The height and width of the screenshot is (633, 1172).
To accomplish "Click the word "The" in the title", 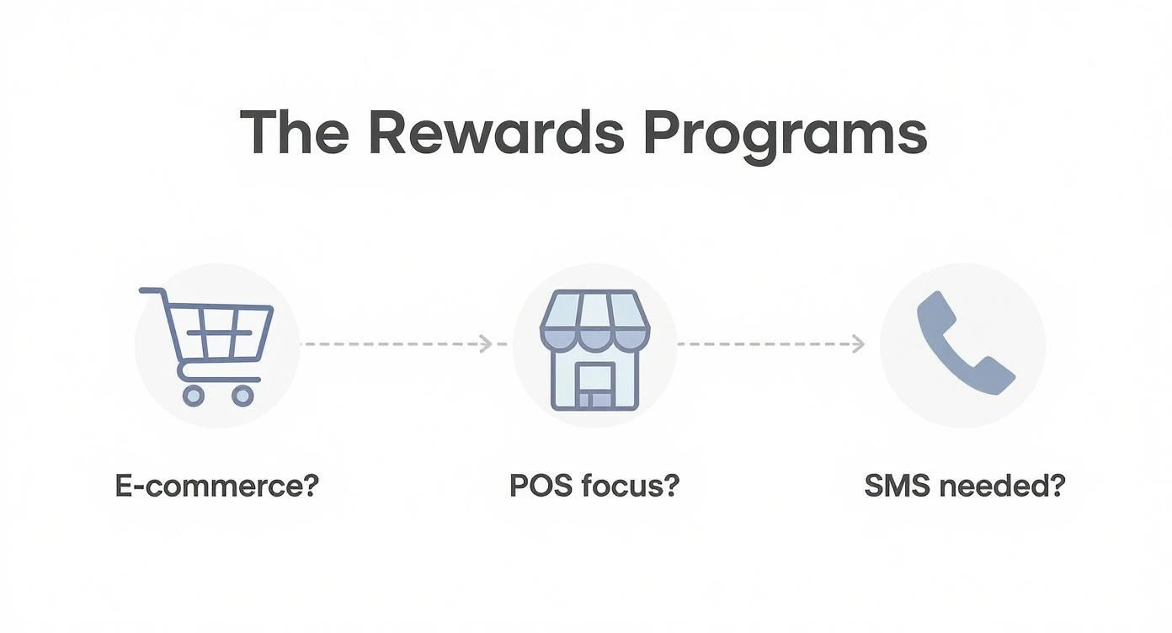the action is coord(295,132).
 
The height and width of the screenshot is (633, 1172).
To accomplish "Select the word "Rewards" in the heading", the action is coord(497,132).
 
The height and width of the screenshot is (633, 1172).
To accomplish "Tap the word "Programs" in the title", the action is coord(786,137).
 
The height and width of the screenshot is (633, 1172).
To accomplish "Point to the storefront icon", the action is coord(595,349).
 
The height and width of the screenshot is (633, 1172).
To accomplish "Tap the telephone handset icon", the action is coord(966,343).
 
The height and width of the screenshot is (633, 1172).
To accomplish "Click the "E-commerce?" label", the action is coord(216,486).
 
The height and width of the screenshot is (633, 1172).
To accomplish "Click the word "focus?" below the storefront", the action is coord(630,486).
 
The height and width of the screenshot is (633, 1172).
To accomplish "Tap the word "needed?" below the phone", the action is coord(1003,486).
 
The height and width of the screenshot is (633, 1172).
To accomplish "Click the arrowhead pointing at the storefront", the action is coord(486,343).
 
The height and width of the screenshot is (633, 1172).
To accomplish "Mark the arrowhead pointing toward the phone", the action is coord(858,343).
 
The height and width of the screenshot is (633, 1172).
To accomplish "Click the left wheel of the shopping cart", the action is coord(193,396).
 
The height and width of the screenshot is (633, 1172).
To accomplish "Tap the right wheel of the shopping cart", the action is coord(242,396).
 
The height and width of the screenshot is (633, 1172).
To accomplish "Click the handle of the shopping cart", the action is coord(152,291).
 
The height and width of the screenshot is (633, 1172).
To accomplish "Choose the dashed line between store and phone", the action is coord(771,343).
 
